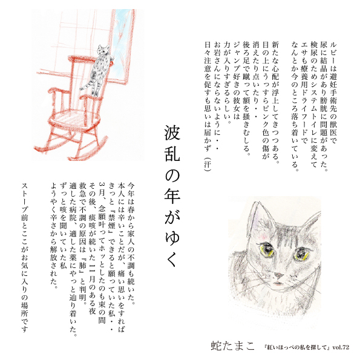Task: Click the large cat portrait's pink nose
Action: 279,275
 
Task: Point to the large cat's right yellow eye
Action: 301,254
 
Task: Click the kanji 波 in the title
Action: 172,133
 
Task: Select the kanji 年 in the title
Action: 172,195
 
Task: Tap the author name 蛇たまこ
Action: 232,345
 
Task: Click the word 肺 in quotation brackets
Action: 82,266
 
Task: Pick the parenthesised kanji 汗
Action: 208,164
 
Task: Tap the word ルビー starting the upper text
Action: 332,54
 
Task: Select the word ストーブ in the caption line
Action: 25,199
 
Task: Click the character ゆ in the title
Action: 172,237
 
